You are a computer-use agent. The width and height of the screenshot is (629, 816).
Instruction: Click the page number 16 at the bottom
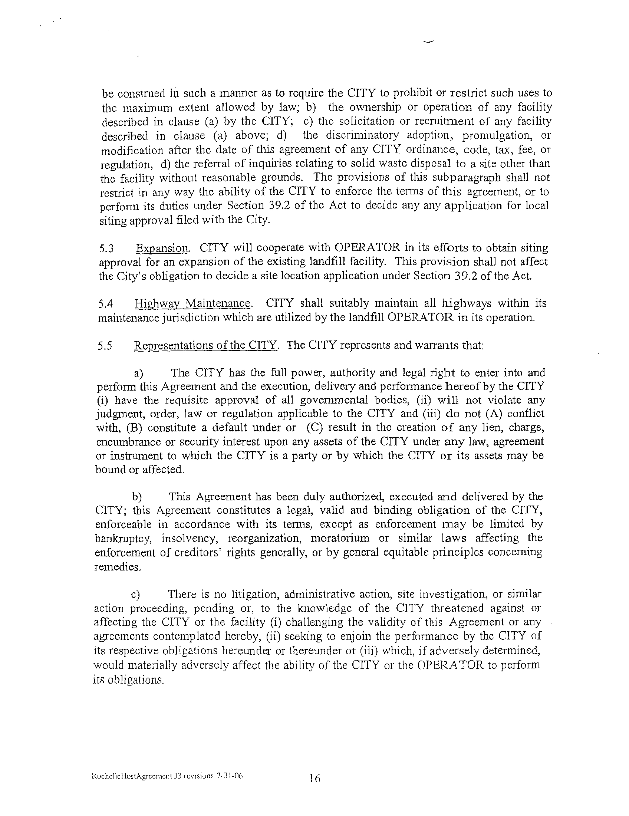314,779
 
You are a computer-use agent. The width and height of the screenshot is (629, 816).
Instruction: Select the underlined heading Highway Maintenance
192,303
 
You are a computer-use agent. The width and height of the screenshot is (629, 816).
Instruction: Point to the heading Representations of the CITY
205,346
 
